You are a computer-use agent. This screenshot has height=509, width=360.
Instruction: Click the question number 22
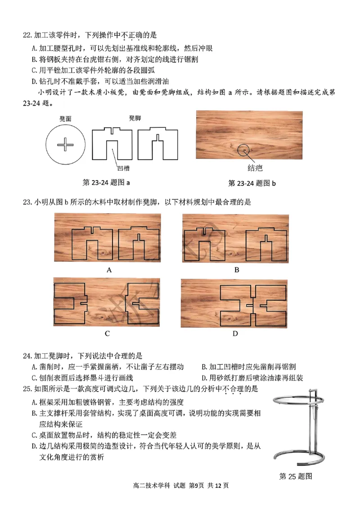(x=27, y=35)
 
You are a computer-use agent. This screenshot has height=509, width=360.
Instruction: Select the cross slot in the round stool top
(x=66, y=145)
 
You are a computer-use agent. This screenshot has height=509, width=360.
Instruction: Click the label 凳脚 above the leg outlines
(x=135, y=118)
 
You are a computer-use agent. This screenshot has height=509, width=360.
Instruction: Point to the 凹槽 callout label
(x=123, y=168)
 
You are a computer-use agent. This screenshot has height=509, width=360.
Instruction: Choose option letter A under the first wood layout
(x=108, y=270)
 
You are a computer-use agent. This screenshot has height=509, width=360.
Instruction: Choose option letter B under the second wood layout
(x=236, y=270)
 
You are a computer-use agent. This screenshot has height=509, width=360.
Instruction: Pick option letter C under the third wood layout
(x=107, y=334)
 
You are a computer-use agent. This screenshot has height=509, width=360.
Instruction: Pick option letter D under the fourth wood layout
(x=235, y=334)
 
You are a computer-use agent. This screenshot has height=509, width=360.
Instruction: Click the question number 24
(x=27, y=356)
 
